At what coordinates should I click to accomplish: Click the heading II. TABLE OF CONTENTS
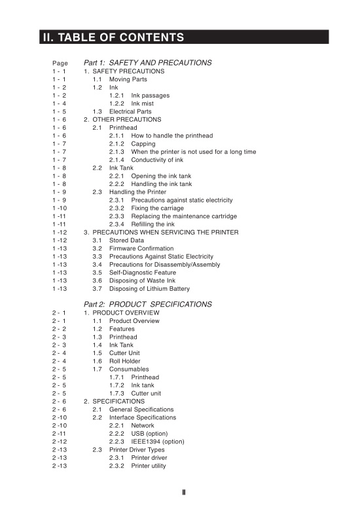pyautogui.click(x=113, y=37)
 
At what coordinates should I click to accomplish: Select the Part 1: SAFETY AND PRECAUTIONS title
pyautogui.click(x=147, y=63)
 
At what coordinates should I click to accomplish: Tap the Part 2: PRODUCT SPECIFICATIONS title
pyautogui.click(x=147, y=305)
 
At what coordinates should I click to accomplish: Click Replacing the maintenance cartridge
pyautogui.click(x=184, y=216)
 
